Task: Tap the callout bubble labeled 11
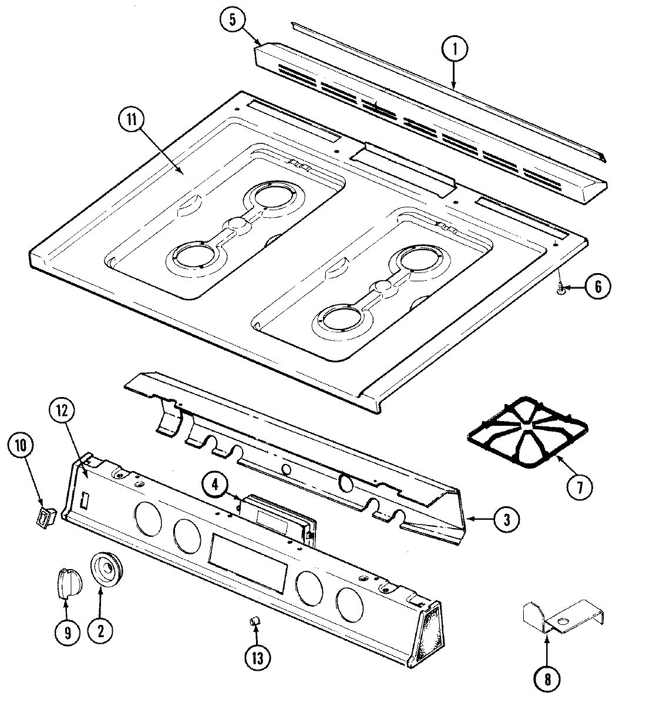130,121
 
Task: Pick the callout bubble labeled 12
63,412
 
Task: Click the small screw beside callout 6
562,288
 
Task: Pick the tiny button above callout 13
254,620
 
